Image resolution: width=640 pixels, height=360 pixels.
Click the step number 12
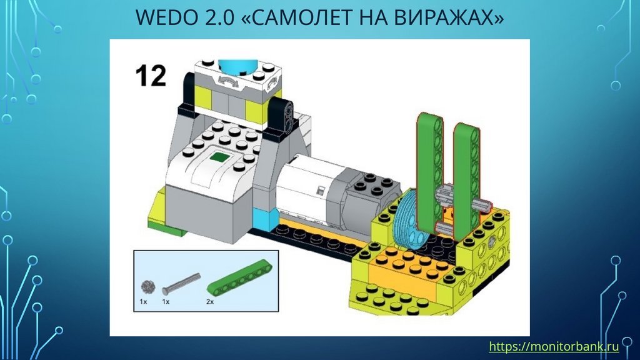click(151, 76)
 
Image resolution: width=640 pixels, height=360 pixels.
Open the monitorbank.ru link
click(554, 346)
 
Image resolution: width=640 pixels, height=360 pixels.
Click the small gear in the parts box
click(147, 286)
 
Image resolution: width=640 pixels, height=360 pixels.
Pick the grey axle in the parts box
click(181, 284)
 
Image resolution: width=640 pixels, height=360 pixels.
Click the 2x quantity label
click(210, 302)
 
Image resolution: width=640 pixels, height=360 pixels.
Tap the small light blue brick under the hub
click(265, 218)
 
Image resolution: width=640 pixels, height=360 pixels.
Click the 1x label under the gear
click(143, 302)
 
